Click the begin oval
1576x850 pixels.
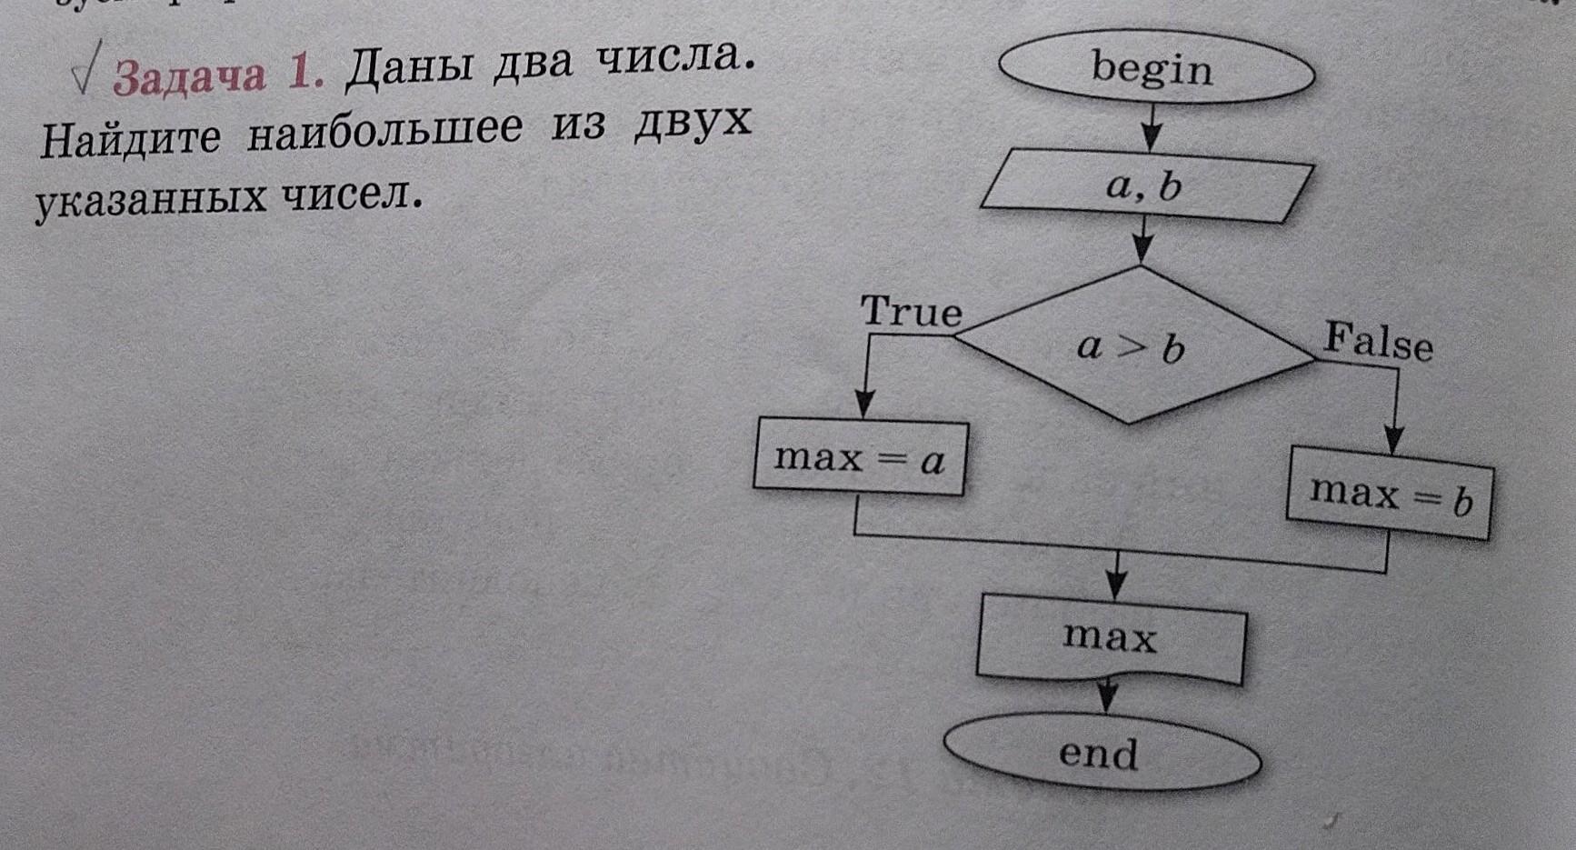click(1155, 70)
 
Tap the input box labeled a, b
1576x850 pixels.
click(1145, 188)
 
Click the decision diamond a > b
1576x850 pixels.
click(1132, 345)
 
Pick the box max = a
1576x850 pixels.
click(860, 457)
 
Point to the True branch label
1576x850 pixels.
click(911, 312)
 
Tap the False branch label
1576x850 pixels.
click(1378, 342)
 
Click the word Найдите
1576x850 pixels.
click(130, 139)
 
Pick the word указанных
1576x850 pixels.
click(150, 200)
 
